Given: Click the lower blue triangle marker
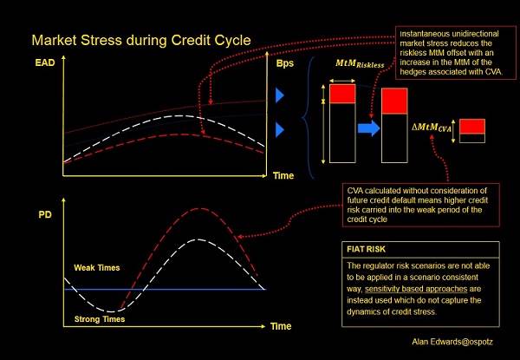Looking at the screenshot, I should click(281, 130).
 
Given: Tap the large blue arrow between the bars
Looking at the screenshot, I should click(367, 129).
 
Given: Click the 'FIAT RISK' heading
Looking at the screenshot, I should click(365, 250).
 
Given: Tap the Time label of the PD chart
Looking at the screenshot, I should click(280, 326).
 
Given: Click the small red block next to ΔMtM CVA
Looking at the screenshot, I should click(472, 127).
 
